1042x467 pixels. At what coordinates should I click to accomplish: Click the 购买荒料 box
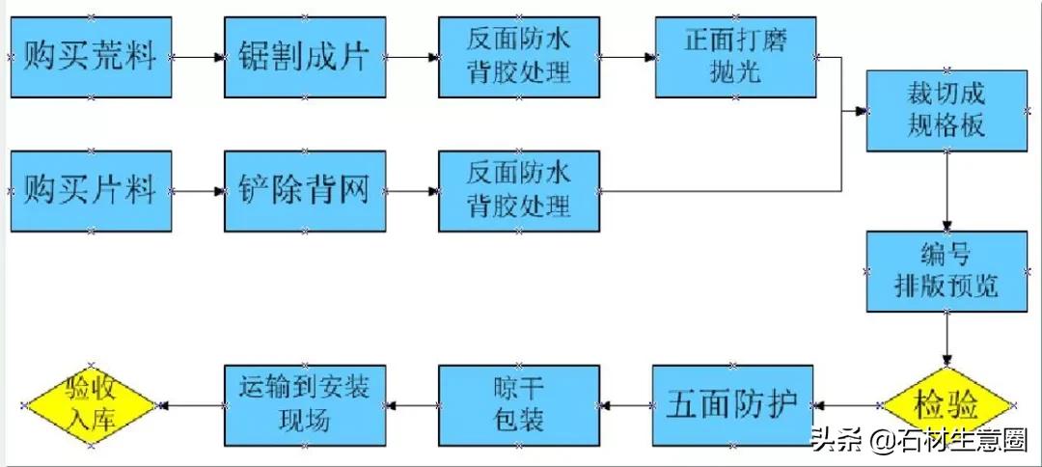click(x=91, y=57)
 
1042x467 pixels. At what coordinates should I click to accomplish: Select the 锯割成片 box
click(x=305, y=57)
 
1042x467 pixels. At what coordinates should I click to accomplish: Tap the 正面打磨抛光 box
click(x=735, y=57)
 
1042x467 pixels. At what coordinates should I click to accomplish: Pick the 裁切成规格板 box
click(x=946, y=110)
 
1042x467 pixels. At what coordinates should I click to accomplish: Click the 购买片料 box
click(x=91, y=191)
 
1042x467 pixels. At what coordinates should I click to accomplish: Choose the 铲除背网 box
click(x=305, y=191)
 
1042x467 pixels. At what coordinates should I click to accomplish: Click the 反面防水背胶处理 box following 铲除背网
click(x=519, y=191)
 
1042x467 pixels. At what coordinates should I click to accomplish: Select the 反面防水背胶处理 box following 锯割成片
click(x=519, y=57)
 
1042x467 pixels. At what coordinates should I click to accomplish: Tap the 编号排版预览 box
click(x=946, y=271)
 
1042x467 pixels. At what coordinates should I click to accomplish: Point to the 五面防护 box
click(x=732, y=405)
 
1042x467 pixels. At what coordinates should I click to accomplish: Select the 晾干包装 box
click(x=519, y=405)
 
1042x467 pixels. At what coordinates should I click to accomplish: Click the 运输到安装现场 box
click(x=305, y=405)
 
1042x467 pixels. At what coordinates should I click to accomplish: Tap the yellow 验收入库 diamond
click(x=91, y=405)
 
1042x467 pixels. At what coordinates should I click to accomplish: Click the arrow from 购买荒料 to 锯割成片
click(x=198, y=57)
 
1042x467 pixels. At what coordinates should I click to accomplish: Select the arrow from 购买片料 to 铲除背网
click(x=198, y=191)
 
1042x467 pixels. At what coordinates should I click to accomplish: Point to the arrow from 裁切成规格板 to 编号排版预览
click(x=946, y=191)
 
